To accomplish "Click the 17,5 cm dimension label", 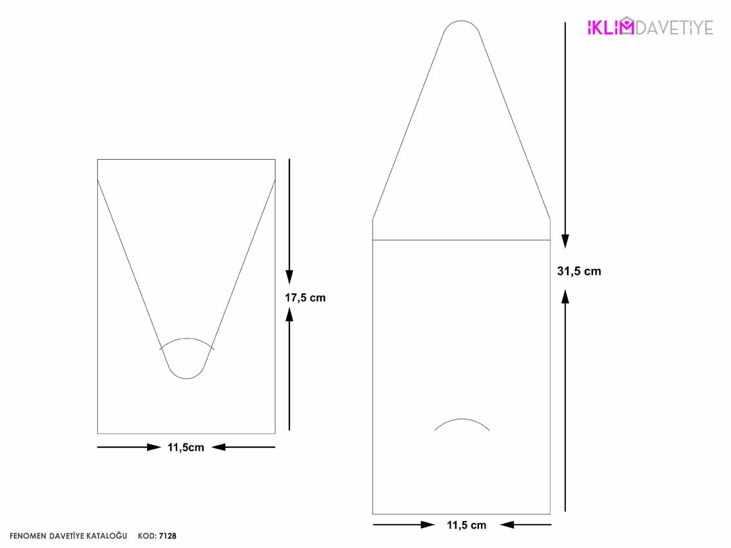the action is pyautogui.click(x=306, y=298).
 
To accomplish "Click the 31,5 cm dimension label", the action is pyautogui.click(x=579, y=271).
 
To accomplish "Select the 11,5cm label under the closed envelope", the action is pyautogui.click(x=186, y=447).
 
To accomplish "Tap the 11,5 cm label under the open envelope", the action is pyautogui.click(x=466, y=525).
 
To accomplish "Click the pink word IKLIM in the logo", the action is pyautogui.click(x=610, y=28).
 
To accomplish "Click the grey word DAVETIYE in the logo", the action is pyautogui.click(x=674, y=28).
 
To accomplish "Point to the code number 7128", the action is pyautogui.click(x=168, y=536).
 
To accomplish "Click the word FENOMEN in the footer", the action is pyautogui.click(x=28, y=536).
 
